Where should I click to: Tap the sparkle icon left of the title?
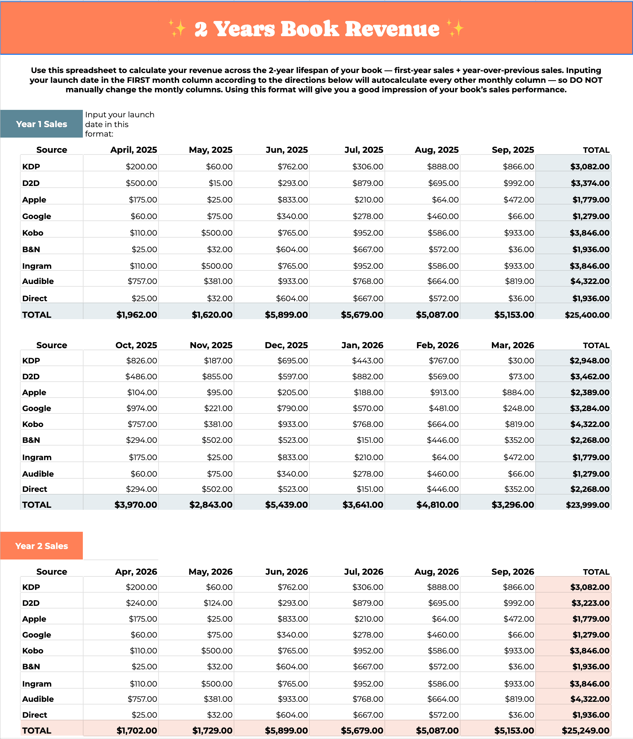[177, 28]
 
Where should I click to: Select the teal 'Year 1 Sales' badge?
[41, 124]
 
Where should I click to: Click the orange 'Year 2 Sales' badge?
[41, 546]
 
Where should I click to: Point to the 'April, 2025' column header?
[134, 150]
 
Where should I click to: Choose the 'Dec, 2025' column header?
[286, 345]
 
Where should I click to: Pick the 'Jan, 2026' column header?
[362, 345]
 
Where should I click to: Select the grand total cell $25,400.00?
[587, 315]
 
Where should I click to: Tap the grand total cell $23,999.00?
[587, 505]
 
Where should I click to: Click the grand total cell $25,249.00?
[586, 731]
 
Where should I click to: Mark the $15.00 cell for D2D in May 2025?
[220, 183]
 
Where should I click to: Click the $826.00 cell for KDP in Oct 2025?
[141, 361]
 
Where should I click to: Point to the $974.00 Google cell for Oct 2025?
[141, 408]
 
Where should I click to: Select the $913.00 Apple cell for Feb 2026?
[444, 392]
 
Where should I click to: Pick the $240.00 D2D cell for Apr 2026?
[141, 603]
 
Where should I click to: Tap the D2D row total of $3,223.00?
[590, 603]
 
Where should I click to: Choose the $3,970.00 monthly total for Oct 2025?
[136, 505]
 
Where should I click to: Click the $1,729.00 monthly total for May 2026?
[212, 731]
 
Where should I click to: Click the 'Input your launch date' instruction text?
[120, 124]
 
